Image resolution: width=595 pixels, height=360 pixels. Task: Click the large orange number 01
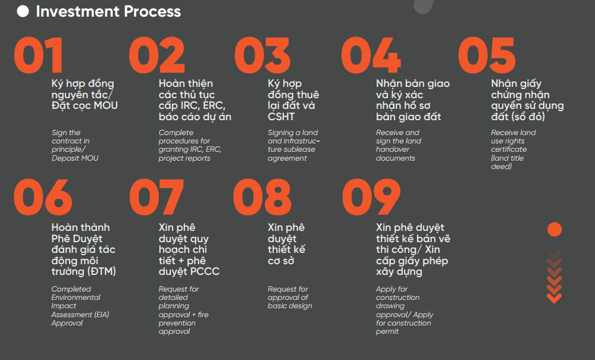click(38, 55)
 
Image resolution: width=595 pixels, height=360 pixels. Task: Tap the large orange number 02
click(156, 55)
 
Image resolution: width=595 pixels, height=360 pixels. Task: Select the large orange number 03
click(262, 55)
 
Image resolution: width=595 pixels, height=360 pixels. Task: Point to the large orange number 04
click(371, 55)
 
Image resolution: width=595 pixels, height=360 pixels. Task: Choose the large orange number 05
click(487, 55)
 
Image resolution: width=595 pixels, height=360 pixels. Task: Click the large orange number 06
click(43, 197)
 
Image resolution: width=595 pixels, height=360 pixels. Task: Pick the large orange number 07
click(156, 197)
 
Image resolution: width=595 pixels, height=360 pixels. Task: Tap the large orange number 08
click(262, 197)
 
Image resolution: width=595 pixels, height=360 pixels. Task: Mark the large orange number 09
click(371, 197)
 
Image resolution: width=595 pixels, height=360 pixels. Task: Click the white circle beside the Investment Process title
click(23, 11)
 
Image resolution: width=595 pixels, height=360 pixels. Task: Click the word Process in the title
click(152, 11)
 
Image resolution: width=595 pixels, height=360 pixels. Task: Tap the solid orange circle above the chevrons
click(555, 230)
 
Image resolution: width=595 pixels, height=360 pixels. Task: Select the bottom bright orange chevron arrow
click(555, 299)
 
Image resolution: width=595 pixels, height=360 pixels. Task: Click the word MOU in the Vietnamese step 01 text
click(105, 105)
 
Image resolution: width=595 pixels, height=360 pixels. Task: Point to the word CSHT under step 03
click(281, 117)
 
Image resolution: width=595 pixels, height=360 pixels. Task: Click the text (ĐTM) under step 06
click(102, 271)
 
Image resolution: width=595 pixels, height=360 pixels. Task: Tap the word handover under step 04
click(393, 149)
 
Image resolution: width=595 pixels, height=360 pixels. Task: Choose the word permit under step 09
click(387, 331)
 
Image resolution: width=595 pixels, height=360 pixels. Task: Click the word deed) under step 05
click(501, 167)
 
